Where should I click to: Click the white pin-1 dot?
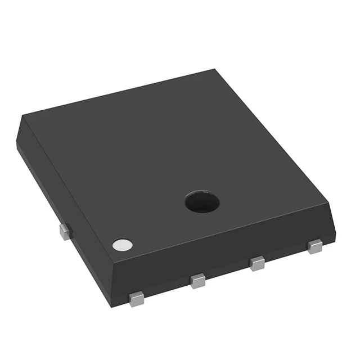pos(122,245)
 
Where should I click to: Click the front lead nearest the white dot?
pos(136,299)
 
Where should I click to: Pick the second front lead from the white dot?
pos(197,280)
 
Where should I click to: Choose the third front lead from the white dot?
pos(258,263)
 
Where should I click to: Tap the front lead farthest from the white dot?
pos(315,246)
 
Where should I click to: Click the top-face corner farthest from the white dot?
pos(215,70)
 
